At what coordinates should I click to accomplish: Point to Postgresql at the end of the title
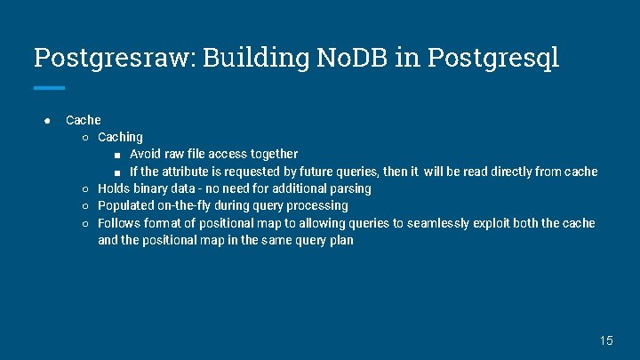493,59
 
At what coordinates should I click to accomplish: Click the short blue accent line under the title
49,88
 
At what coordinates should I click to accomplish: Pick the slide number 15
606,340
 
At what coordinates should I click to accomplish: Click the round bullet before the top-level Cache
45,120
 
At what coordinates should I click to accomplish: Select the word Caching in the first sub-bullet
120,137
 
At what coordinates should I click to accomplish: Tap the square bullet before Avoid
117,155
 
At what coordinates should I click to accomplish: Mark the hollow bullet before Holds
84,188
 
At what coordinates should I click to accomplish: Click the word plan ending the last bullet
340,240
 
